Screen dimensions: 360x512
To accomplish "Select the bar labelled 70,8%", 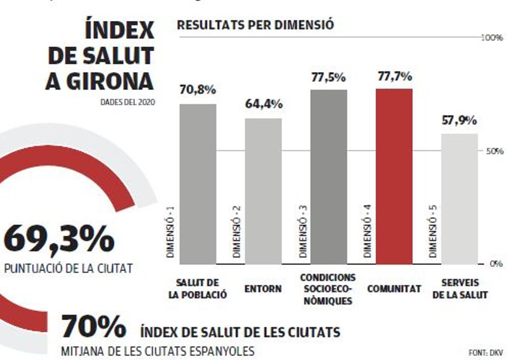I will pos(198,184).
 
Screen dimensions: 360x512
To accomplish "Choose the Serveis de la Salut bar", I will pos(459,199).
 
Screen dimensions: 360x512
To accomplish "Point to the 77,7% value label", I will pos(395,77).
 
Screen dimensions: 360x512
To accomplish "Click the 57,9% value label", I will pos(459,121).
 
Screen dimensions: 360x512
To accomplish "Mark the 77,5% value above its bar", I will pos(328,78).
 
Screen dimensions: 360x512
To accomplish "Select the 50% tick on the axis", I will pos(494,151).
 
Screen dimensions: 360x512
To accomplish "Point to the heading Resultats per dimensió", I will pos(255,25).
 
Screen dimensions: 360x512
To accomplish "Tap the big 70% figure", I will pos(93,327).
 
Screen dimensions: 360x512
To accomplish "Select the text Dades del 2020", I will pos(128,102).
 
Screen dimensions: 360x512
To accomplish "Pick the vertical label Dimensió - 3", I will pos(303,231).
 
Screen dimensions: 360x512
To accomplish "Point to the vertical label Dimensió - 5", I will pos(433,231).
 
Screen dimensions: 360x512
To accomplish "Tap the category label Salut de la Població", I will pos(198,289).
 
